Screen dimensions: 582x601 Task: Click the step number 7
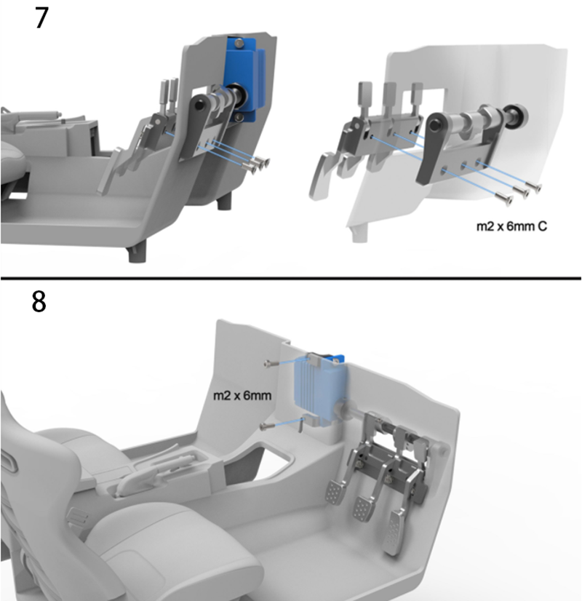(41, 17)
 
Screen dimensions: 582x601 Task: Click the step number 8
(39, 302)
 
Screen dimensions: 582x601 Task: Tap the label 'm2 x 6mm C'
(511, 226)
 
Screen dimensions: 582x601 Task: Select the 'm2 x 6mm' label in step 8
(242, 395)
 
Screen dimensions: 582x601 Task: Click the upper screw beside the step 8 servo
(270, 362)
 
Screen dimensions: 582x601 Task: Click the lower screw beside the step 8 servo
(267, 425)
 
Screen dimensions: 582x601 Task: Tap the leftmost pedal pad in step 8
(334, 493)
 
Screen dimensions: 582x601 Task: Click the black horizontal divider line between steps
(291, 278)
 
